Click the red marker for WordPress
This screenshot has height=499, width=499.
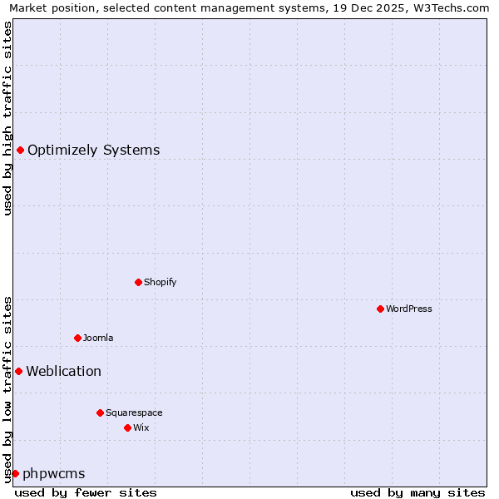click(380, 309)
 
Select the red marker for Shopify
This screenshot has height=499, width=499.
click(138, 282)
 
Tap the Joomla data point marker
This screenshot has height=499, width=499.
click(77, 338)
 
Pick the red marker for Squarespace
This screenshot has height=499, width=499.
click(100, 413)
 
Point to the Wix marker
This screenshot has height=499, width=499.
click(127, 427)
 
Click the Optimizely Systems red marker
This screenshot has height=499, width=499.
click(20, 150)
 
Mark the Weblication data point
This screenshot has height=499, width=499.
click(18, 371)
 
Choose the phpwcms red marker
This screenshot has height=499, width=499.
click(15, 473)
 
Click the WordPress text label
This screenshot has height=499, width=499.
click(409, 309)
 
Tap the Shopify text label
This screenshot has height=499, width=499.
click(161, 282)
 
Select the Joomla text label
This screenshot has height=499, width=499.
click(98, 338)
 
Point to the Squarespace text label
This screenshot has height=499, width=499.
click(134, 413)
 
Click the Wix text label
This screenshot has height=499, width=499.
click(141, 427)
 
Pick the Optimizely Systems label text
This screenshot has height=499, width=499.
click(94, 151)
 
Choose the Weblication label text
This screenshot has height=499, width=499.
click(64, 372)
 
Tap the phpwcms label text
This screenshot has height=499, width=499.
click(54, 474)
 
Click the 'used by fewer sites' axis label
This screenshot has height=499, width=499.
click(86, 492)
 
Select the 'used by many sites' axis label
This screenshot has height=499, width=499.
click(417, 492)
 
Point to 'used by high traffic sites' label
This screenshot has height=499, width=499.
click(7, 118)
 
